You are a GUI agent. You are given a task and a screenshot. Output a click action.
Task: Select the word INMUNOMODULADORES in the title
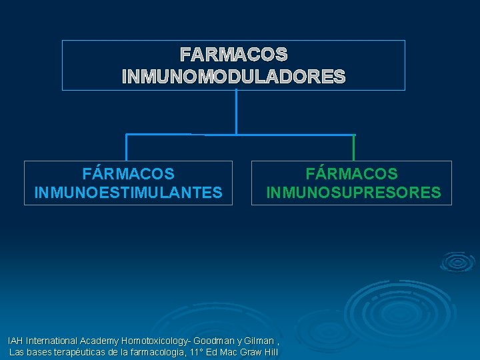234,77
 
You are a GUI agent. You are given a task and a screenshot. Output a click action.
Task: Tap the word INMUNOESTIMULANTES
129,193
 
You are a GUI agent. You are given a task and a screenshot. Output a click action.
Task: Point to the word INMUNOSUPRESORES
353,193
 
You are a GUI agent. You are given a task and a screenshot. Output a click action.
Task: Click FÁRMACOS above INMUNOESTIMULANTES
129,174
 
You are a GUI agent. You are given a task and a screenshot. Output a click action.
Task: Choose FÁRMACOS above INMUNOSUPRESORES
352,174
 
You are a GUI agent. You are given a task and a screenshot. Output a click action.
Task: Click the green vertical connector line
353,147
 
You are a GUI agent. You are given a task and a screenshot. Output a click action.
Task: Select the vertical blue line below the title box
236,112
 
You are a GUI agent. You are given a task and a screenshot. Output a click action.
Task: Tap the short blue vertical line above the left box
127,147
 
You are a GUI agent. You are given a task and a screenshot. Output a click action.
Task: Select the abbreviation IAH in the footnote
15,341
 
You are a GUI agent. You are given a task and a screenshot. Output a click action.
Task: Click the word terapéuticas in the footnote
83,352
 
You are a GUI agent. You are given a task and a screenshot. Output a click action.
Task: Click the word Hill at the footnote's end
270,352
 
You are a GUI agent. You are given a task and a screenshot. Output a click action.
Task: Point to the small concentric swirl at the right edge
457,261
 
